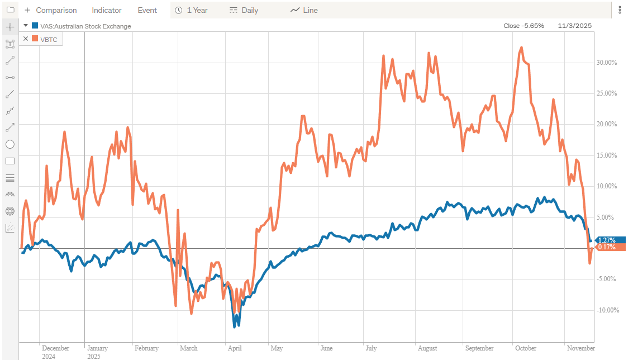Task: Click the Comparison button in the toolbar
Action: (51, 10)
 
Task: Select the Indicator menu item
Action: (107, 10)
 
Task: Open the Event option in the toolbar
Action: (147, 10)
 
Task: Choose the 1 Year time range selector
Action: (192, 10)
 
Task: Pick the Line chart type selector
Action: (304, 10)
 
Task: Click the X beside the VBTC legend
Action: (26, 39)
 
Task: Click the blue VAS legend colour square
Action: (35, 26)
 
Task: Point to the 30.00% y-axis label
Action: (606, 63)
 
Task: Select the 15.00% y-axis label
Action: (606, 155)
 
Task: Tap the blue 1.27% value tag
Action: (606, 240)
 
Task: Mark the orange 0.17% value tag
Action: (606, 247)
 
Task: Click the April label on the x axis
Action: (235, 348)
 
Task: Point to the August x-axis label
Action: (427, 348)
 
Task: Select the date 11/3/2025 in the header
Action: (574, 26)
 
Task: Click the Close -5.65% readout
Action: (523, 26)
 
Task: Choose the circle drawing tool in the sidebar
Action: (9, 144)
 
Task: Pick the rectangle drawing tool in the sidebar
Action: (9, 161)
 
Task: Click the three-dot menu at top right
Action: (620, 10)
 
